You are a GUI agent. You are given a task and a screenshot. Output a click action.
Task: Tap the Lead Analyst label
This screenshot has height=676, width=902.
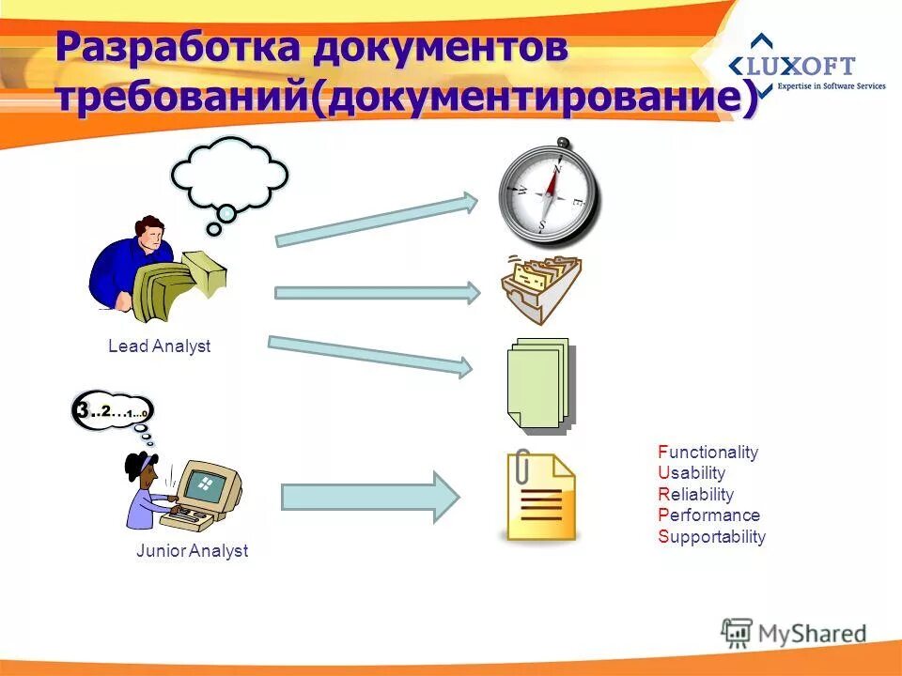click(x=159, y=346)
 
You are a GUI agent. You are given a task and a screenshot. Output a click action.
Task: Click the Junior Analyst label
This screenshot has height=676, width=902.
click(x=192, y=551)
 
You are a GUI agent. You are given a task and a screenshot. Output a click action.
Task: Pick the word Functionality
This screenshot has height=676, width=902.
click(x=708, y=453)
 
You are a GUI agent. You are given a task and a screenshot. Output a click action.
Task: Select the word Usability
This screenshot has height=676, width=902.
click(x=692, y=473)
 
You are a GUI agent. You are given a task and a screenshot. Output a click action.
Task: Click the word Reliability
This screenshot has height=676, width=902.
click(x=695, y=495)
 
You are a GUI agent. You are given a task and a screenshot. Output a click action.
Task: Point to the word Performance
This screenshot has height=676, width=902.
click(x=708, y=515)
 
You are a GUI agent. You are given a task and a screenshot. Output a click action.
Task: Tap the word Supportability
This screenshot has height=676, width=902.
click(x=711, y=537)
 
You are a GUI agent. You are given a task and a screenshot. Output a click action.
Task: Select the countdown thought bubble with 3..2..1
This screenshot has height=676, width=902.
click(x=113, y=411)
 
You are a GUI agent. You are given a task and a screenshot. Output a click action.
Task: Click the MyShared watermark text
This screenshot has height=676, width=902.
click(x=812, y=632)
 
